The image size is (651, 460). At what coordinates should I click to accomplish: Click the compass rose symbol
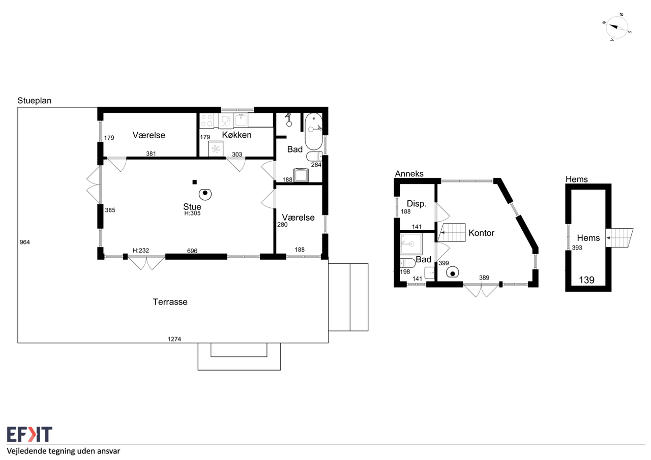pos(616,27)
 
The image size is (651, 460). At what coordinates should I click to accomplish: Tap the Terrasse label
pos(170,302)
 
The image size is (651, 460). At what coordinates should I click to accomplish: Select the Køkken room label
pos(236,135)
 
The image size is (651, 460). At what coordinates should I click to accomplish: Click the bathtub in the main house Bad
pos(314,131)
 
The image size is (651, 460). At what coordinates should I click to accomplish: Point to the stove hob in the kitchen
pos(206,120)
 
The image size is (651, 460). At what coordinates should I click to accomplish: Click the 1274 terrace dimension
pos(174,339)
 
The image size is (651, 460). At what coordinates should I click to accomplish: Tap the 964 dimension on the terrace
pos(25,242)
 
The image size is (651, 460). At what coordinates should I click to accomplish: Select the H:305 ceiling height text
pos(192,213)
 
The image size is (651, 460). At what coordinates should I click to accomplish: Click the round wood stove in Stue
pos(205,194)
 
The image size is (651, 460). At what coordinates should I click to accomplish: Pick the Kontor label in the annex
pos(481,233)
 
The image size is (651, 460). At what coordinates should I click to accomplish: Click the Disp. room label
pos(417,204)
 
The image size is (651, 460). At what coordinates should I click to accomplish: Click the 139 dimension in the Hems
pos(586,280)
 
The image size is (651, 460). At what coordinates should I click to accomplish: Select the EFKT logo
pos(29,434)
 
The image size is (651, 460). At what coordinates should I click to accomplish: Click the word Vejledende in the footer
pos(26,451)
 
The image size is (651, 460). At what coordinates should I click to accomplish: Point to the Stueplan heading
pos(34,101)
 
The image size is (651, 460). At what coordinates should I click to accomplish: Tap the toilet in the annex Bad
pos(407,263)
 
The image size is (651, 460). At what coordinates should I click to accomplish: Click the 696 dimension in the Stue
pos(192,251)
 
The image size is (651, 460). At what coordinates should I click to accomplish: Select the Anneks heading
pos(409,174)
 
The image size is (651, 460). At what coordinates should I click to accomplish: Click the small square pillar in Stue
pos(195,182)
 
